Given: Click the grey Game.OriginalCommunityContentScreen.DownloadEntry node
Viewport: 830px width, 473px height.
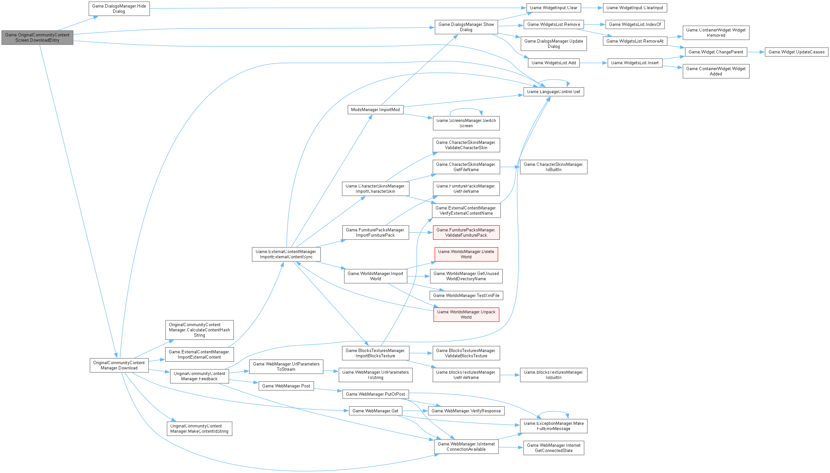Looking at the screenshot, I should pyautogui.click(x=37, y=38).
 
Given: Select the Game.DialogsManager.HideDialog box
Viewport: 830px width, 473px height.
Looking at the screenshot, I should pyautogui.click(x=119, y=9).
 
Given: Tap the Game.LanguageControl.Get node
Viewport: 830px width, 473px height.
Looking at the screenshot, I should pyautogui.click(x=553, y=92).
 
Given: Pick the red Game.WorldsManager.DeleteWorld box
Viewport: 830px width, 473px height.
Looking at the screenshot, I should pyautogui.click(x=466, y=254).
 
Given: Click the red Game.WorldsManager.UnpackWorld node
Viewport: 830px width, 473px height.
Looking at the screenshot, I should pyautogui.click(x=466, y=315).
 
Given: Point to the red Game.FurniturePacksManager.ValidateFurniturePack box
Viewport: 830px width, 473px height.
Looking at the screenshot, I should pyautogui.click(x=466, y=233).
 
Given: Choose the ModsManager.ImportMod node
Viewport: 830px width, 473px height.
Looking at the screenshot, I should pyautogui.click(x=375, y=110).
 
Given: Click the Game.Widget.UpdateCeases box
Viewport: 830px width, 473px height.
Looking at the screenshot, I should pyautogui.click(x=796, y=52).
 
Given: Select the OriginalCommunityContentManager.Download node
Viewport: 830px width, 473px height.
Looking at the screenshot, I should pyautogui.click(x=119, y=365).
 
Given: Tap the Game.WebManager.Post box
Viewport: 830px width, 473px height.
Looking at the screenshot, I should pyautogui.click(x=286, y=386).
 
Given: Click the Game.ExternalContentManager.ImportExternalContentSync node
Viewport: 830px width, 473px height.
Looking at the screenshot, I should pyautogui.click(x=286, y=254).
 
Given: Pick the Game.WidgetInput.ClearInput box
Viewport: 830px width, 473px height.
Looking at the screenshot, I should pyautogui.click(x=635, y=8).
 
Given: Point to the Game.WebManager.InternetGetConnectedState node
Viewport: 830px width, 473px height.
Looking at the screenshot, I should pyautogui.click(x=553, y=448).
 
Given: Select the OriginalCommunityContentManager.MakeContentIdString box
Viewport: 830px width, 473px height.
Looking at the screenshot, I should pyautogui.click(x=199, y=429).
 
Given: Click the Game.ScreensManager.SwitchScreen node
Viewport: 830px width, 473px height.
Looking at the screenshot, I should pyautogui.click(x=466, y=123).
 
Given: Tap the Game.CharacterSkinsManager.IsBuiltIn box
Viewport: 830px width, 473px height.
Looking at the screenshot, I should pyautogui.click(x=553, y=167).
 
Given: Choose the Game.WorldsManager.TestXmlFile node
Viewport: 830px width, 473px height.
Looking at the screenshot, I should pyautogui.click(x=466, y=296).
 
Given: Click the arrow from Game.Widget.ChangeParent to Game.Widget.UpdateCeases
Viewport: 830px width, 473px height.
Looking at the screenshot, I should pyautogui.click(x=756, y=52).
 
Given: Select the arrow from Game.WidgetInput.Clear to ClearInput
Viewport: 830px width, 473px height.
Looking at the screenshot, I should pyautogui.click(x=592, y=8).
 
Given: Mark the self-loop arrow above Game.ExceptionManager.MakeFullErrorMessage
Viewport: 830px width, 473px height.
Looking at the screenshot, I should pyautogui.click(x=553, y=412).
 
